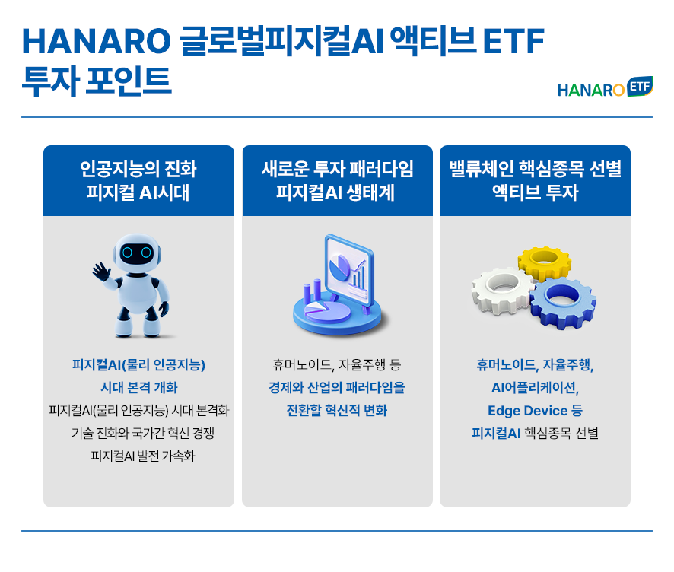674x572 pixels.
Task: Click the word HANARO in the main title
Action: pyautogui.click(x=97, y=41)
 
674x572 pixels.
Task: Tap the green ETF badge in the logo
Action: pyautogui.click(x=640, y=87)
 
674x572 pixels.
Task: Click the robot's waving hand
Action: pyautogui.click(x=101, y=272)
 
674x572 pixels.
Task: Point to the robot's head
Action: pyautogui.click(x=137, y=253)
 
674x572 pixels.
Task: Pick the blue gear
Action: pyautogui.click(x=563, y=302)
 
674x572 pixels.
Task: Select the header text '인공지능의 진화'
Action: pyautogui.click(x=138, y=169)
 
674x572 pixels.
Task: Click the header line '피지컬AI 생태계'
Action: pyautogui.click(x=335, y=192)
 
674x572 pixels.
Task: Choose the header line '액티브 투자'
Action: pyautogui.click(x=535, y=192)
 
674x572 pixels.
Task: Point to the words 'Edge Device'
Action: pyautogui.click(x=527, y=411)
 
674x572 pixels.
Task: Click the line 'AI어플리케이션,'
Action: pyautogui.click(x=535, y=388)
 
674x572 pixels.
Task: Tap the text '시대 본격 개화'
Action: pyautogui.click(x=139, y=388)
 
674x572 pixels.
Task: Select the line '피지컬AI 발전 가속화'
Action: pyautogui.click(x=143, y=456)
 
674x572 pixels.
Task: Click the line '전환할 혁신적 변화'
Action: pyautogui.click(x=337, y=411)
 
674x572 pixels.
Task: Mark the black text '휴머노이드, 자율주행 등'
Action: pyautogui.click(x=337, y=365)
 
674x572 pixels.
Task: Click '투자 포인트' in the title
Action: pyautogui.click(x=97, y=81)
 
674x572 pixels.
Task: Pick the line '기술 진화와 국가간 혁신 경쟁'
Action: pyautogui.click(x=143, y=434)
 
